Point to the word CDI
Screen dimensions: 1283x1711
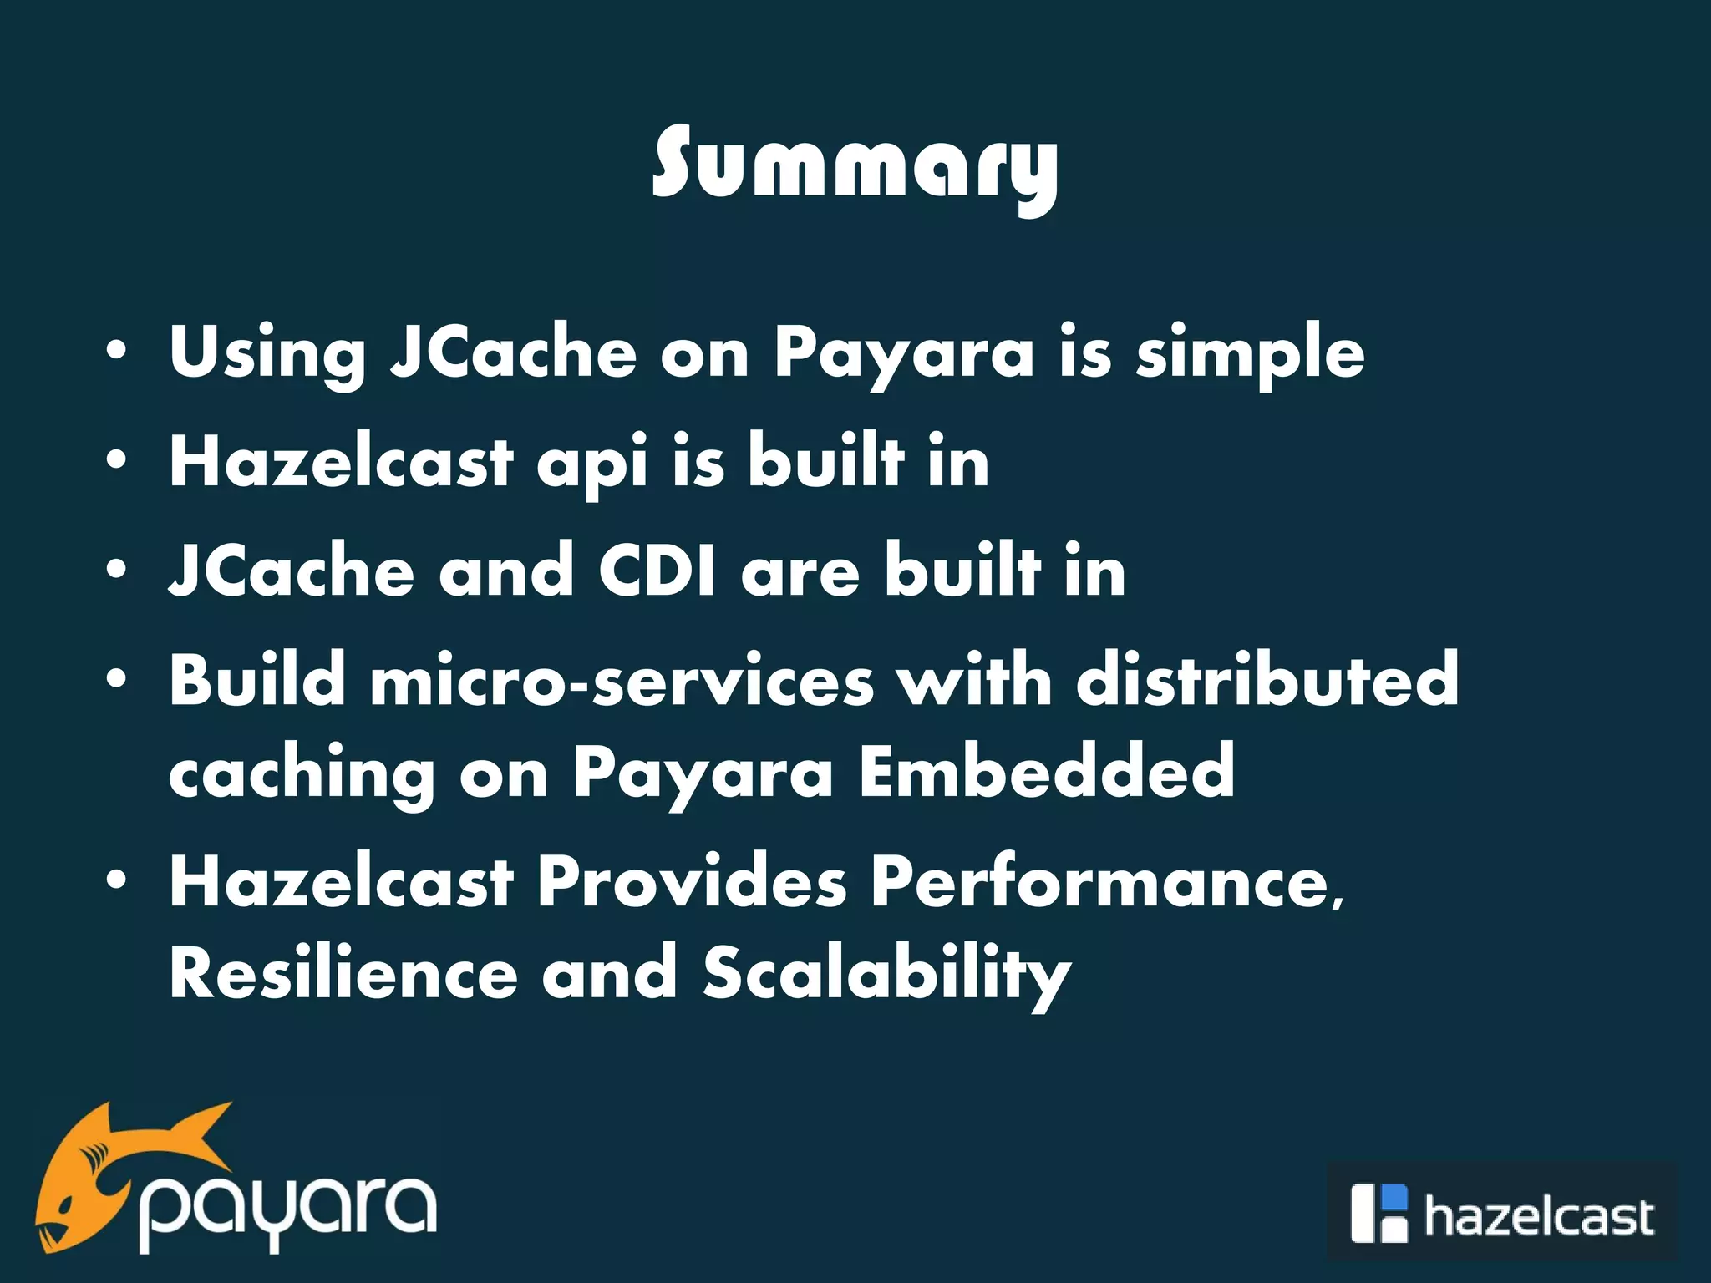pyautogui.click(x=657, y=571)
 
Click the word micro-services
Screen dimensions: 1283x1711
pyautogui.click(x=622, y=681)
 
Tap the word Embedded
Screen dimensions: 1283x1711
pyautogui.click(x=1046, y=772)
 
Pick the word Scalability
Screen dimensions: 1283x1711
pyautogui.click(x=886, y=975)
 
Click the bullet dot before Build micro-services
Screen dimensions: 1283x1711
pyautogui.click(x=117, y=679)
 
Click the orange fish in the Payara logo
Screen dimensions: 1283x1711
pyautogui.click(x=109, y=1169)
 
